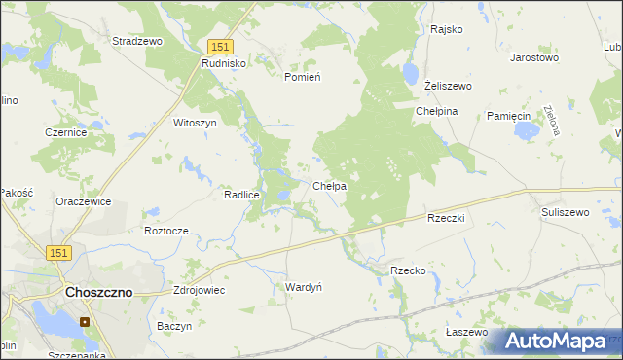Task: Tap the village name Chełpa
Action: click(330, 185)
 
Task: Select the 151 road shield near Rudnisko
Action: click(221, 46)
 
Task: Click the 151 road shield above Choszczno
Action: click(58, 253)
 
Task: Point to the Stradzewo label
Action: click(137, 42)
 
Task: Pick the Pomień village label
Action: click(302, 76)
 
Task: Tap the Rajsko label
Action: click(446, 29)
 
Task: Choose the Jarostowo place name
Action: click(534, 57)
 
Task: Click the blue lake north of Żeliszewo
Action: click(410, 74)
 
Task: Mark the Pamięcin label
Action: click(506, 115)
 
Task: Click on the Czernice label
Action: click(66, 132)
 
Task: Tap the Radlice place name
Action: click(241, 195)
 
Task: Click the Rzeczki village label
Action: click(447, 219)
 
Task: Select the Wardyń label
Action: click(303, 287)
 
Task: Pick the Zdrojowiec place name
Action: click(199, 290)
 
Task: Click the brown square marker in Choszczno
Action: click(85, 322)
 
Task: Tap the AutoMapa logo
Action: click(557, 341)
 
